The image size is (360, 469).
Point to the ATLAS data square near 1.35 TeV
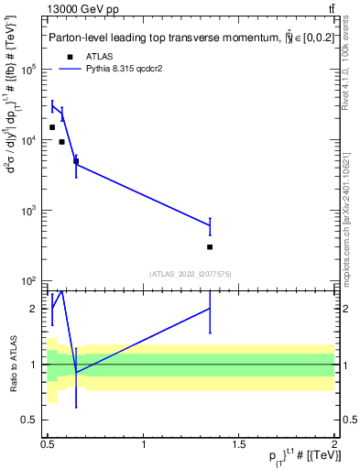click(210, 246)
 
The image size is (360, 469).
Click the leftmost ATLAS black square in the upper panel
click(52, 127)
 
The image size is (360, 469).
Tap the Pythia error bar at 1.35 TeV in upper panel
click(210, 225)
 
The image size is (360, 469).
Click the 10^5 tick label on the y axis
click(28, 70)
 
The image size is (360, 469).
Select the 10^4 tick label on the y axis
click(28, 140)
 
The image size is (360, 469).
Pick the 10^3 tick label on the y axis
click(28, 211)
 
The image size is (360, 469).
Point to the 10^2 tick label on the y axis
click(28, 281)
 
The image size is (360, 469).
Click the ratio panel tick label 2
click(34, 309)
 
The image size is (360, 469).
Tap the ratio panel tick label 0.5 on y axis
click(30, 420)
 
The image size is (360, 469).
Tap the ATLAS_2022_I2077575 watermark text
click(191, 273)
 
